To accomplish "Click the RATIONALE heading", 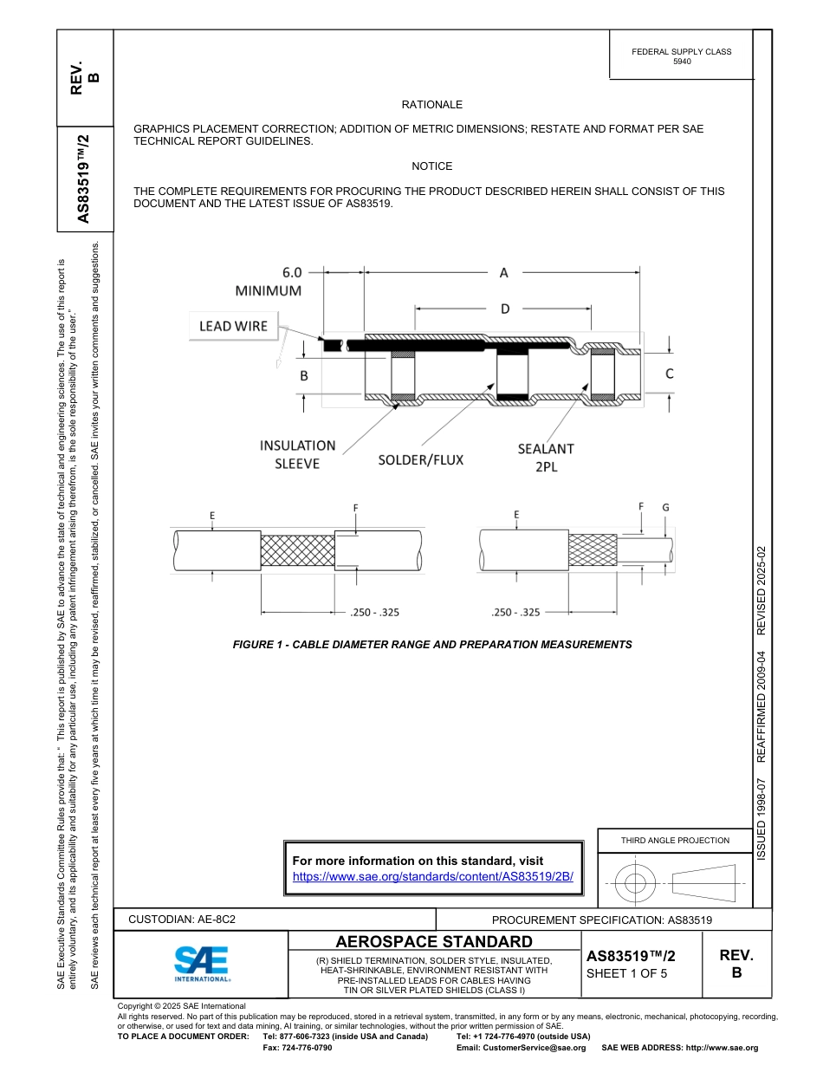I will click(431, 105).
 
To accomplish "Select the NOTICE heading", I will click(431, 166).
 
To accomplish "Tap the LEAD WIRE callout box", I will click(233, 326).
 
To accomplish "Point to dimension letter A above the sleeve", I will click(503, 273).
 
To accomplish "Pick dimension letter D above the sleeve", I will click(505, 309).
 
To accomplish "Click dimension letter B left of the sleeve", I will click(304, 376).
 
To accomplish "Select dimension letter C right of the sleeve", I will click(670, 374).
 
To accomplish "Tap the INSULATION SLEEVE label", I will click(297, 454).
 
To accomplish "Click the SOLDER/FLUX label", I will click(420, 459).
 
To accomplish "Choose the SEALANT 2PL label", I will click(546, 457).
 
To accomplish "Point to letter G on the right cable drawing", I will click(665, 507).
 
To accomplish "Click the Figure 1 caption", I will click(432, 645).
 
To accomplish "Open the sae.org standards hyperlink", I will click(433, 876).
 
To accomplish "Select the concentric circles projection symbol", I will click(636, 884).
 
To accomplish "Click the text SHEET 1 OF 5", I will click(627, 973).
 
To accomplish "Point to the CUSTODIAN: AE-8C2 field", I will click(182, 920).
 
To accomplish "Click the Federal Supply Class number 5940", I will click(682, 62).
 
